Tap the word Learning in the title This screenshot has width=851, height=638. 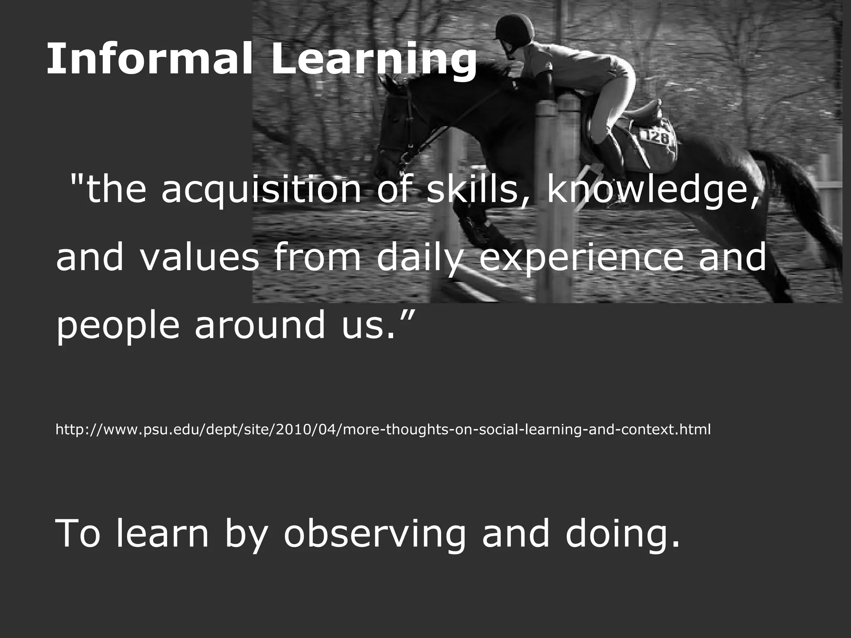374,61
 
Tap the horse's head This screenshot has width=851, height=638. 399,137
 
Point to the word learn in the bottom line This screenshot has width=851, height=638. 162,533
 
